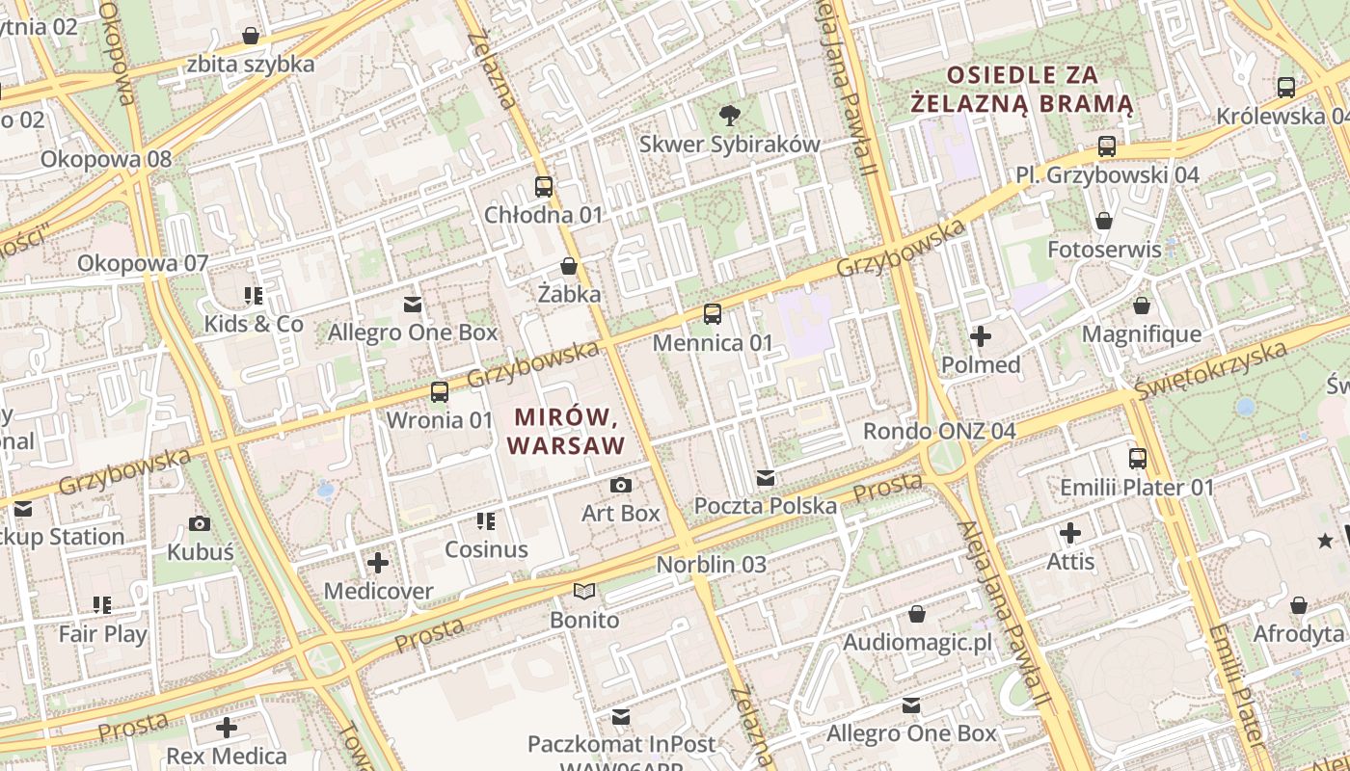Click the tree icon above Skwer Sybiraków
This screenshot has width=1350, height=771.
click(730, 116)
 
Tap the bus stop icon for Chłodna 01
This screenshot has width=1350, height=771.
click(544, 187)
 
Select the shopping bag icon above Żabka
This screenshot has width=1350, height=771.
click(569, 266)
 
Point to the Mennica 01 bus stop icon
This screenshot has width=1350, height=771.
click(713, 313)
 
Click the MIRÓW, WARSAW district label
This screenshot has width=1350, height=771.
click(565, 431)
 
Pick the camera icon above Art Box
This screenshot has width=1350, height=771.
click(621, 485)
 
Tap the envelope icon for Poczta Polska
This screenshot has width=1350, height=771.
click(766, 477)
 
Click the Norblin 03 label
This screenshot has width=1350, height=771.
click(712, 565)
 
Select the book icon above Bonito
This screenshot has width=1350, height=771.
click(584, 591)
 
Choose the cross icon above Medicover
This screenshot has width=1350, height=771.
click(378, 562)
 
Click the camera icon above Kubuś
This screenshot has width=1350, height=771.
click(200, 524)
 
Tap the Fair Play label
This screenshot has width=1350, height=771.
click(103, 634)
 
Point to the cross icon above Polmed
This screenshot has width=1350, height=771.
click(981, 336)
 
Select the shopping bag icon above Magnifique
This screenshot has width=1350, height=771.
click(1142, 306)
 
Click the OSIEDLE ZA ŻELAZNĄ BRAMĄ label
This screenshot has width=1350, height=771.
click(1022, 89)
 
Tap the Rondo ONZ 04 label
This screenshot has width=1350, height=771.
click(939, 431)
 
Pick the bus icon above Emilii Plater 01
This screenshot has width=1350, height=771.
click(1138, 459)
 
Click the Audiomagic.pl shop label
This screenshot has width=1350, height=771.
click(917, 643)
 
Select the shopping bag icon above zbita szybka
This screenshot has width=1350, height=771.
click(251, 37)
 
